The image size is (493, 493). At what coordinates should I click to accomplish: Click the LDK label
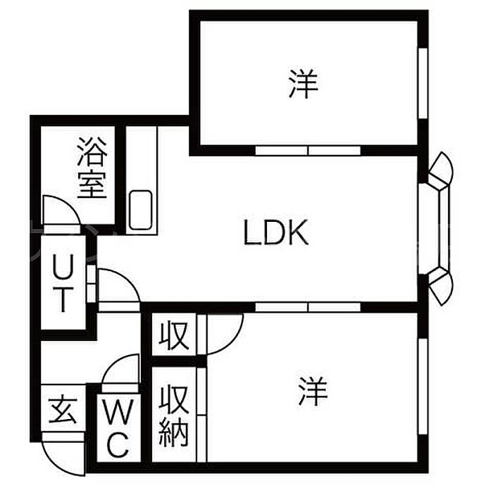click(x=276, y=233)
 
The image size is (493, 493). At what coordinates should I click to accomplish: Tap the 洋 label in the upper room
click(x=304, y=83)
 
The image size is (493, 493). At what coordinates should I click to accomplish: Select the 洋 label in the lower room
click(x=313, y=392)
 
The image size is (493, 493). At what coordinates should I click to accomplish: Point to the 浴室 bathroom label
click(x=92, y=168)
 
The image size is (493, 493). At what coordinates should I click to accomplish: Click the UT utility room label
click(x=63, y=282)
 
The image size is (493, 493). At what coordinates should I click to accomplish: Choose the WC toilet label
click(x=118, y=428)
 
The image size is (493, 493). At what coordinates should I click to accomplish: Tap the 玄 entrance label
click(x=63, y=410)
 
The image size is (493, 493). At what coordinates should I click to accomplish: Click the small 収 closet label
click(x=173, y=335)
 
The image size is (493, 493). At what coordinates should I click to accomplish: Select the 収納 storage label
click(x=173, y=416)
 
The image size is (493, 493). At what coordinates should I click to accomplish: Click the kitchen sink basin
click(x=140, y=210)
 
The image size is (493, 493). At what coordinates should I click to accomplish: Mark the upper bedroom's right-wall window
click(x=423, y=83)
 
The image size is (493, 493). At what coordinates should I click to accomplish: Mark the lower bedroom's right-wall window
click(x=423, y=387)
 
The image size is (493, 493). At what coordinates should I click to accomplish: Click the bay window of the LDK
click(x=440, y=229)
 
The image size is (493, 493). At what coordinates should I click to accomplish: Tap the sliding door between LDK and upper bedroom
click(x=308, y=151)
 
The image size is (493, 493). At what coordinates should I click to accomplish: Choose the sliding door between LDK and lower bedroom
click(x=308, y=307)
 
